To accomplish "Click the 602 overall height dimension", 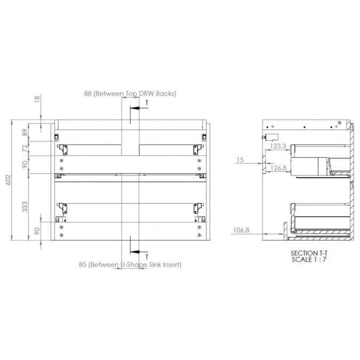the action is click(8, 180).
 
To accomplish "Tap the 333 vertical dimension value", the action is click(25, 206).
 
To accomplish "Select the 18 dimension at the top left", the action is click(37, 99).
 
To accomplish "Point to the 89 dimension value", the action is click(25, 132).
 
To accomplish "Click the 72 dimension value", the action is click(25, 148).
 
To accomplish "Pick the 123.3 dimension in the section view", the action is click(278, 146).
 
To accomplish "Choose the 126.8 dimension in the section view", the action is click(278, 168).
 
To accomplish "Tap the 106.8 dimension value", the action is click(241, 230).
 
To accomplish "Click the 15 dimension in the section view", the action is click(240, 160).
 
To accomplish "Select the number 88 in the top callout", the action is click(87, 93).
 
